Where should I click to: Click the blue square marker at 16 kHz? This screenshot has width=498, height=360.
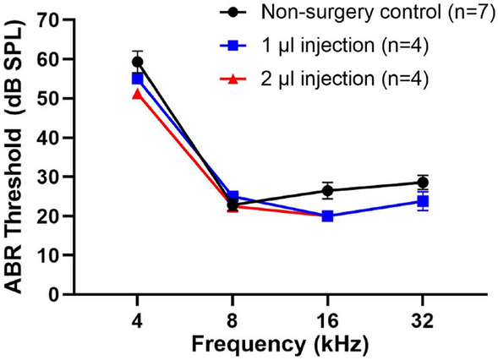[x=327, y=216]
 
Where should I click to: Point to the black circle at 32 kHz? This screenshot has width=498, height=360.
[x=422, y=183]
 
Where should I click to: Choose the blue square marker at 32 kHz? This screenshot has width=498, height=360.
[x=422, y=201]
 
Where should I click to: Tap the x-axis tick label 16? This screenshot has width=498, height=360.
[x=327, y=320]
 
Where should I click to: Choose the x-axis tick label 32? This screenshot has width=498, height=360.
[x=422, y=320]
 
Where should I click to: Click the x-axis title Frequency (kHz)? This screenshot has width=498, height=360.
[x=280, y=346]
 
